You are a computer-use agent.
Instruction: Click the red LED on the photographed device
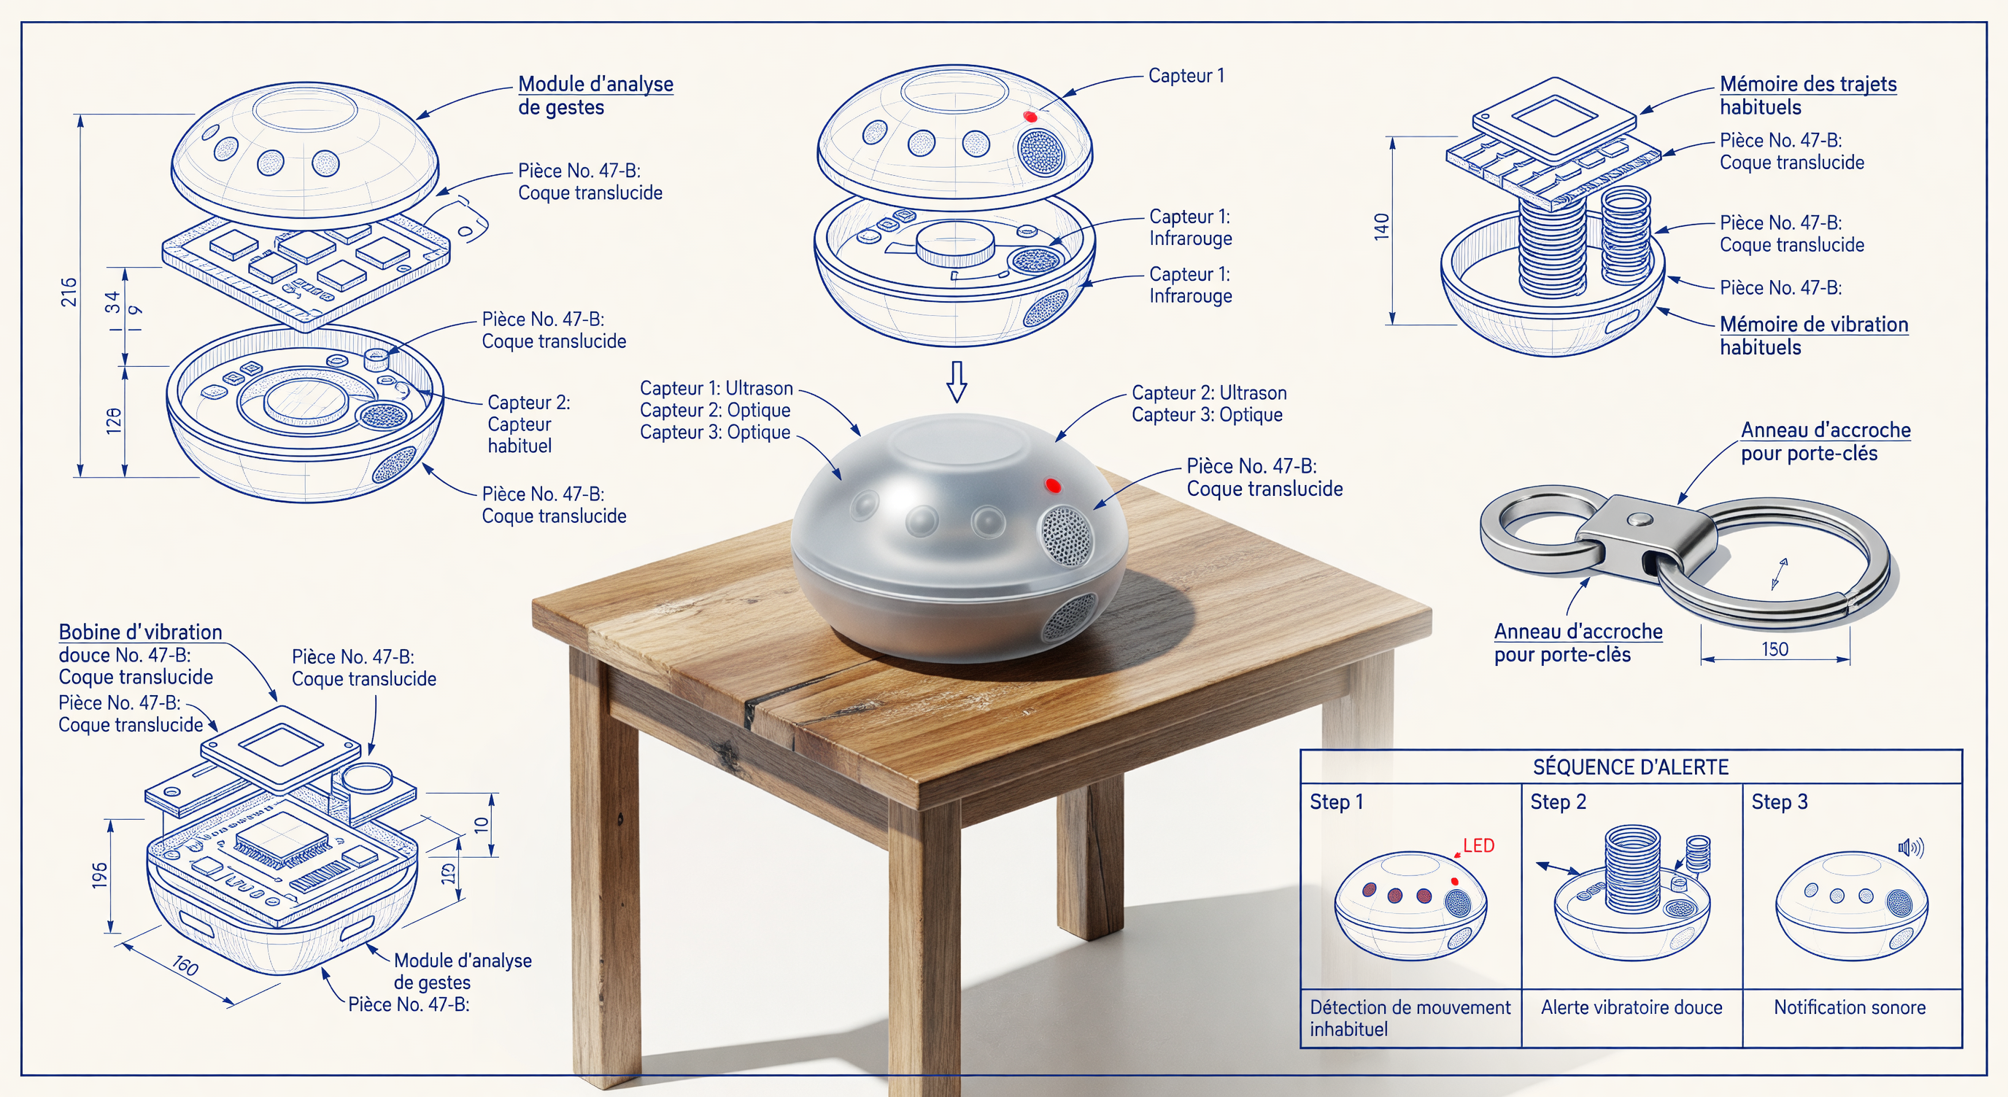[x=1052, y=485]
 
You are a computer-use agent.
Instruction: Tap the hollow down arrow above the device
[x=957, y=381]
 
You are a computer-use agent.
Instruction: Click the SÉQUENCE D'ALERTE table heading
[x=1631, y=767]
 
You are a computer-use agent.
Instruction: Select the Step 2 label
[x=1559, y=802]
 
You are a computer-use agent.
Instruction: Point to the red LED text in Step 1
[x=1479, y=845]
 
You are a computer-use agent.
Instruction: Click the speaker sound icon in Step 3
[x=1910, y=848]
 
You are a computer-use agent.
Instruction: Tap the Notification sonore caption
[x=1850, y=1007]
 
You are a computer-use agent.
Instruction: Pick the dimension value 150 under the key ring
[x=1775, y=649]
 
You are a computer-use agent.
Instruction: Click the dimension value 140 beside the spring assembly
[x=1381, y=226]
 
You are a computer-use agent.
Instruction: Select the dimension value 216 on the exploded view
[x=69, y=292]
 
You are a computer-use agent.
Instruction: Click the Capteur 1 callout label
[x=1186, y=76]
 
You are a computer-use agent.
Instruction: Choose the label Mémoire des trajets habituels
[x=1807, y=95]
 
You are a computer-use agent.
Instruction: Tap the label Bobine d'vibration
[x=140, y=632]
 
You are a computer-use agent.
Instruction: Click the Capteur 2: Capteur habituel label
[x=528, y=424]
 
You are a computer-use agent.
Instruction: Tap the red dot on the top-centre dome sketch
[x=1030, y=116]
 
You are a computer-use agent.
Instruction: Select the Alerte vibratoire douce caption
[x=1631, y=1007]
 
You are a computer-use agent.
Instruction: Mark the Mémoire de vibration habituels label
[x=1814, y=336]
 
